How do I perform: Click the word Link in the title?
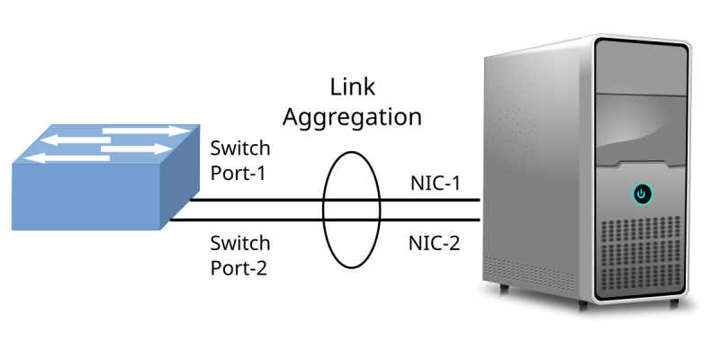[352, 87]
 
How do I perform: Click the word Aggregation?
[352, 117]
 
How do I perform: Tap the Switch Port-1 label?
[238, 159]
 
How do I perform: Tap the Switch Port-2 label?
[238, 255]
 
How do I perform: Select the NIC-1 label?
[435, 184]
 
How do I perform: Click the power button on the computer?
[641, 193]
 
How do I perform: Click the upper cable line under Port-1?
[270, 200]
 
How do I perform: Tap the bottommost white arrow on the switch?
[63, 157]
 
